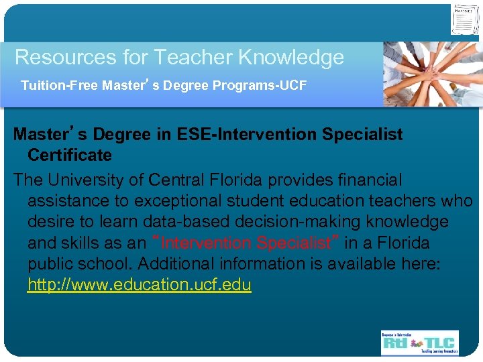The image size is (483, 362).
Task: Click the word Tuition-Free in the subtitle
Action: pos(60,86)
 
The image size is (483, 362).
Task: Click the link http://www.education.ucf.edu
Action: pos(139,285)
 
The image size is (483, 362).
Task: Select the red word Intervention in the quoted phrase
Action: pos(207,243)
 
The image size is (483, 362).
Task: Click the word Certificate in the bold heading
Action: pos(70,156)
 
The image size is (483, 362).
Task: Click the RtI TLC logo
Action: pos(419,342)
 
